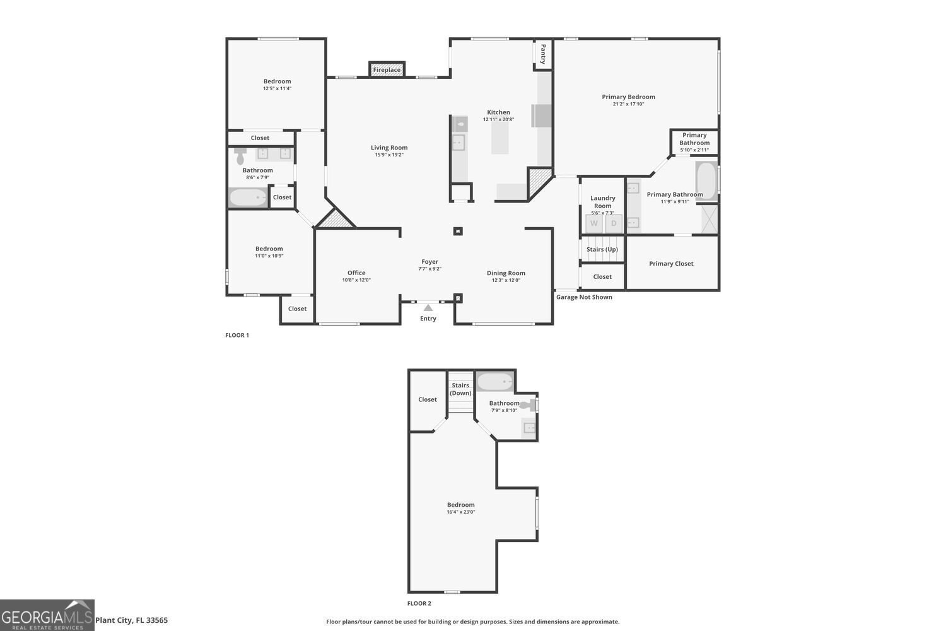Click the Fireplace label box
click(x=387, y=69)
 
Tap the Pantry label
click(x=542, y=54)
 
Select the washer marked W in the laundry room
click(x=594, y=223)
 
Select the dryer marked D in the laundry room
click(x=614, y=223)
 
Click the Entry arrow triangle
click(x=428, y=308)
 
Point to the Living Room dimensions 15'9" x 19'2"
click(x=389, y=155)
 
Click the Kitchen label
click(x=498, y=112)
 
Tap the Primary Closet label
click(x=671, y=264)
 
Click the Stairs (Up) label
click(x=602, y=249)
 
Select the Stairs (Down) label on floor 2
click(x=460, y=389)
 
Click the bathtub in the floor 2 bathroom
click(x=495, y=382)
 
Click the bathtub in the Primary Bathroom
click(x=706, y=180)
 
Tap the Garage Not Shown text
click(x=584, y=297)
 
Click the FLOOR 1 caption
click(x=237, y=335)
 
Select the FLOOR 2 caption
click(x=419, y=604)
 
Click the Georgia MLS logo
click(x=47, y=615)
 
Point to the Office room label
click(x=356, y=273)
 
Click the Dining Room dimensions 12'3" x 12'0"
click(x=506, y=281)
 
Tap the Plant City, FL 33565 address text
click(x=131, y=620)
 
